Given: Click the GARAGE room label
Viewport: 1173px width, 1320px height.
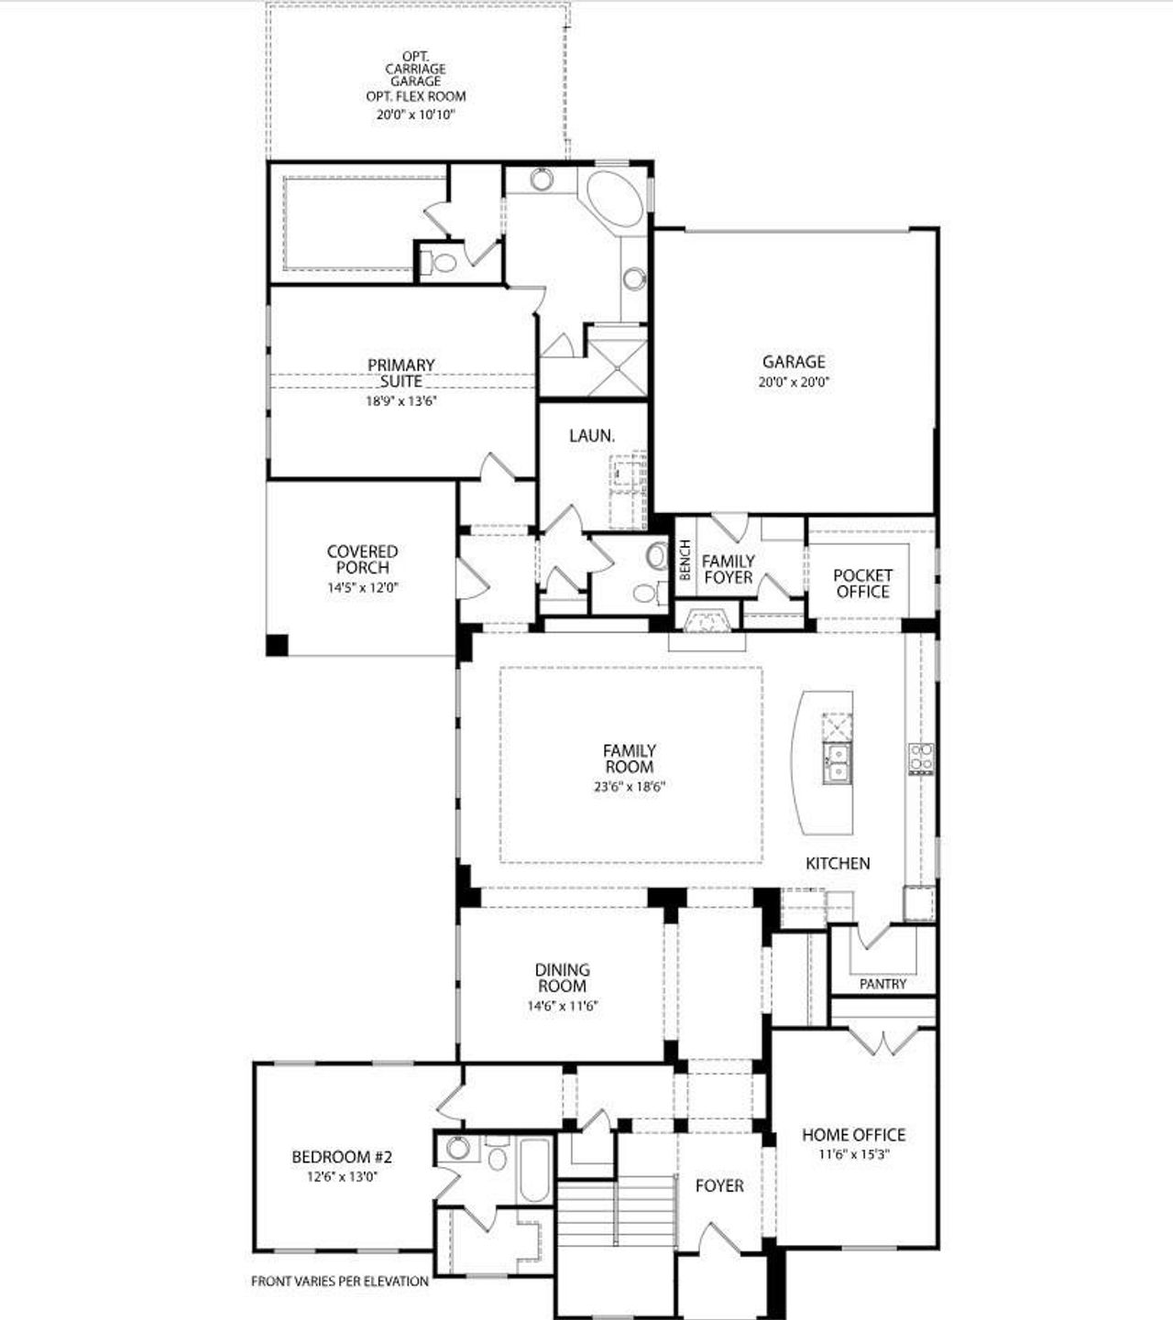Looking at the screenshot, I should tap(794, 362).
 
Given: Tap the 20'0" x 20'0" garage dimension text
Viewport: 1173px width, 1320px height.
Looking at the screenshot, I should tap(794, 383).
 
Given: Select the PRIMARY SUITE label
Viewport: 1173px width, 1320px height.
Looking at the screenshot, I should tap(401, 373).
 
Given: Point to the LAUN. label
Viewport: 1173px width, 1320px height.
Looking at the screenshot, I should tap(591, 436).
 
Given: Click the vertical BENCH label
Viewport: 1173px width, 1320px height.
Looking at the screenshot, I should tap(685, 560).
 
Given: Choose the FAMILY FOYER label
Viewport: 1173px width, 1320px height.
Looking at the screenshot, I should tap(729, 569).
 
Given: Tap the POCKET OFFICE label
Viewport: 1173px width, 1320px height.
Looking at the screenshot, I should tap(862, 584).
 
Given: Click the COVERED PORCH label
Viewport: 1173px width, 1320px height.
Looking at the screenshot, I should tap(363, 559).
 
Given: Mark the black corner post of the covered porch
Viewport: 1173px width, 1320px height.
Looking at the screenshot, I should tap(277, 645).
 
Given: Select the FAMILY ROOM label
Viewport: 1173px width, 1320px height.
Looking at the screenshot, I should tap(630, 758).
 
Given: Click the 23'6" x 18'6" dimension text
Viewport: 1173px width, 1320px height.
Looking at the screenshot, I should tap(629, 786).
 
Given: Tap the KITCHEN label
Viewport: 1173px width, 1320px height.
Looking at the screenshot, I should tap(838, 863).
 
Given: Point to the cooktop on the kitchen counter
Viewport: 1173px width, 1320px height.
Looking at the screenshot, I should tap(920, 758).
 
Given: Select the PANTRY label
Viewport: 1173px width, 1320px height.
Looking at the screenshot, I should tap(883, 984).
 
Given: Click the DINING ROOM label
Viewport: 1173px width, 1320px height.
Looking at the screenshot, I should tap(563, 977).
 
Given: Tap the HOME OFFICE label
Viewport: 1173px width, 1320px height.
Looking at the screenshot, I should tap(854, 1135).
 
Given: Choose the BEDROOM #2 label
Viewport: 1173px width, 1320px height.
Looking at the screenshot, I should tap(342, 1157).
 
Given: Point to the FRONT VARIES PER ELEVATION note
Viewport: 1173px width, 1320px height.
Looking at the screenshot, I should tap(340, 1282).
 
